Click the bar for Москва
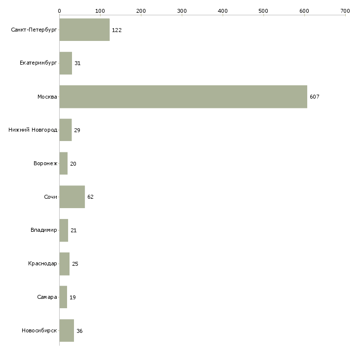click(183, 97)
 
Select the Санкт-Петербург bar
click(84, 30)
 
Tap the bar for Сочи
click(72, 197)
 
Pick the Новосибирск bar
click(67, 330)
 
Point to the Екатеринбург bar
click(66, 63)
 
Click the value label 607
click(315, 97)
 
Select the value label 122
click(117, 30)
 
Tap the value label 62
click(90, 197)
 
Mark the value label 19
click(72, 297)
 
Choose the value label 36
click(79, 330)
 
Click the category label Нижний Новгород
click(33, 130)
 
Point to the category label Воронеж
click(44, 164)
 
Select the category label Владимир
click(43, 230)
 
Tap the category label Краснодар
click(42, 264)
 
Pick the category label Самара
click(47, 297)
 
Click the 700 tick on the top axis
click(345, 10)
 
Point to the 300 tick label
click(181, 10)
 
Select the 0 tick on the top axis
click(59, 10)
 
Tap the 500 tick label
click(263, 10)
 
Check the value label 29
click(77, 130)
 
